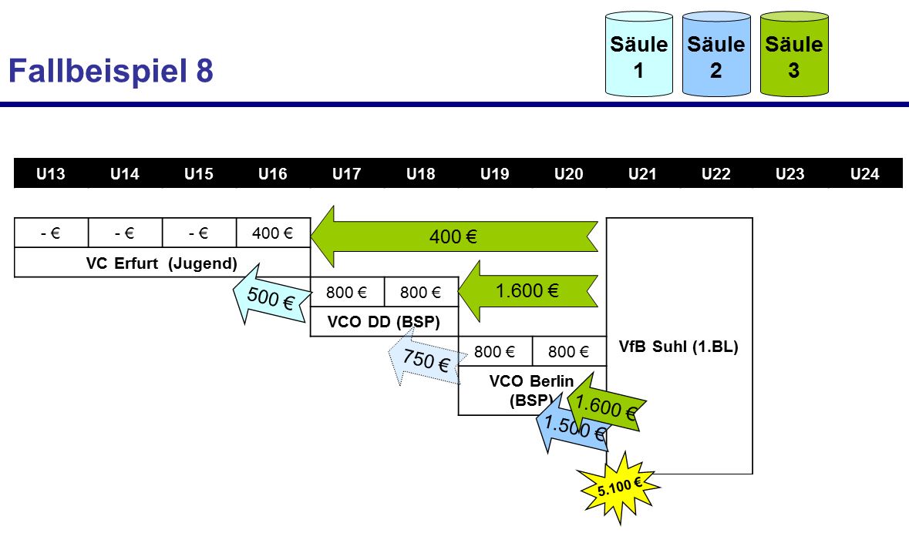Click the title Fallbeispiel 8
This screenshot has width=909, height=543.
110,72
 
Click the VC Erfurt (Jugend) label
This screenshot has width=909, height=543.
161,263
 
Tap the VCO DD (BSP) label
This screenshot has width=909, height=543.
383,323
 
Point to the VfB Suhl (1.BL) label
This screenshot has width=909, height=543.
678,347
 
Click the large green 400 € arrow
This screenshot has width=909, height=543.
455,236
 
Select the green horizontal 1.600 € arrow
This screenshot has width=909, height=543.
528,290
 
